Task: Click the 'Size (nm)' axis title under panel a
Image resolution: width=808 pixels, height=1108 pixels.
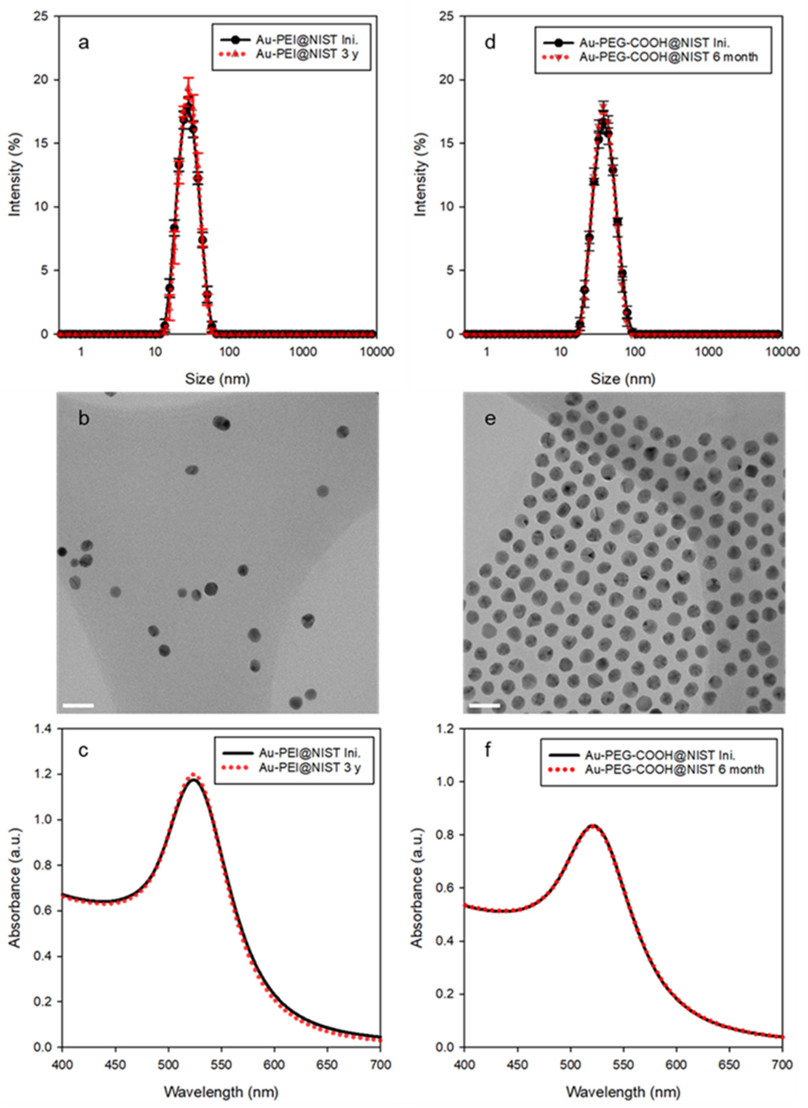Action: click(x=217, y=379)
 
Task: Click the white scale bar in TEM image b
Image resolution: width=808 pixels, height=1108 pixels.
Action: click(x=78, y=705)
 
